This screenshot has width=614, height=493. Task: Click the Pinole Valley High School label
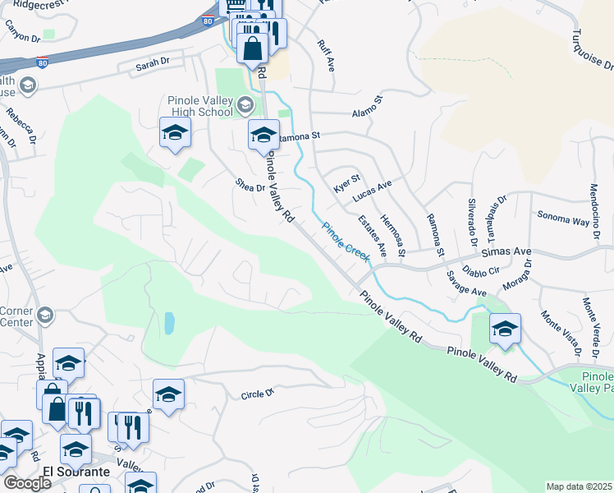pyautogui.click(x=199, y=106)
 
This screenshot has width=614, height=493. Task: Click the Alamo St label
pyautogui.click(x=368, y=108)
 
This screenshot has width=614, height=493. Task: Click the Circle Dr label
pyautogui.click(x=257, y=394)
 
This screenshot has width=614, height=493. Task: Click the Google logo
pyautogui.click(x=27, y=483)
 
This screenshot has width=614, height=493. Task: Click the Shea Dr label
pyautogui.click(x=250, y=187)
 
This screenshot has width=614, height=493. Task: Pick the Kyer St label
pyautogui.click(x=347, y=183)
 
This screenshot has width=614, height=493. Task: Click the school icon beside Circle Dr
pyautogui.click(x=168, y=395)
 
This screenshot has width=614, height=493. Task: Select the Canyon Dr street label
pyautogui.click(x=22, y=32)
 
